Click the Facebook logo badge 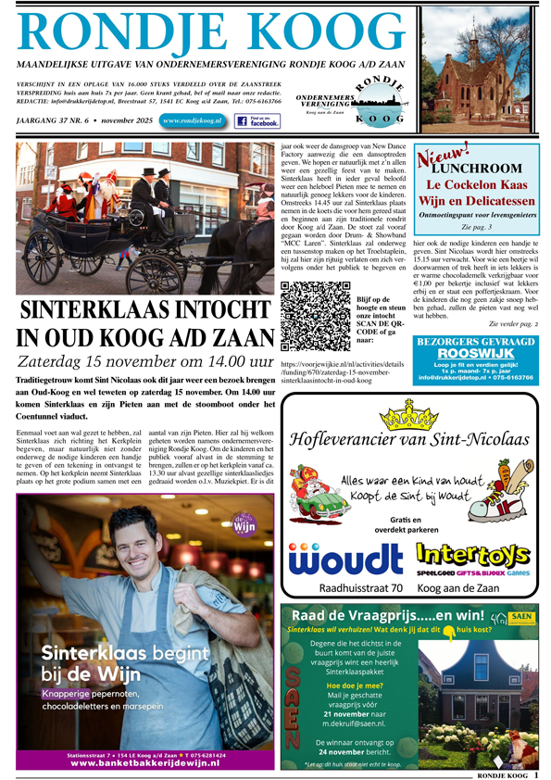257,120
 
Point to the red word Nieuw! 444,157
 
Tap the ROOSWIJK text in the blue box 475,353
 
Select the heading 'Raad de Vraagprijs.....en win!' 387,614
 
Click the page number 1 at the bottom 536,774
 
